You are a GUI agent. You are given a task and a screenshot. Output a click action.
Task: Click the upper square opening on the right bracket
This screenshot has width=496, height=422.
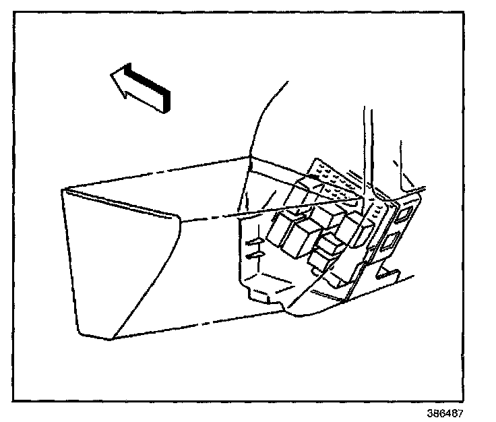(404, 215)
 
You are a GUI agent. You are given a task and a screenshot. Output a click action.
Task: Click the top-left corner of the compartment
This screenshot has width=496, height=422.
(63, 189)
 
